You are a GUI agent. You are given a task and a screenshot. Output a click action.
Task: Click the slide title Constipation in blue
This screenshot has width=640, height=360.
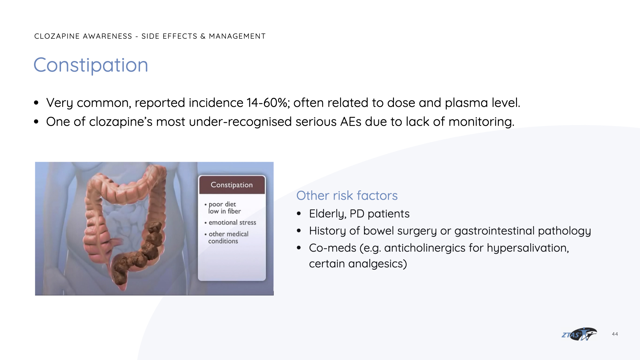click(x=91, y=65)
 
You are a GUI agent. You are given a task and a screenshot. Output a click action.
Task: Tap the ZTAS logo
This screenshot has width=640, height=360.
click(x=579, y=334)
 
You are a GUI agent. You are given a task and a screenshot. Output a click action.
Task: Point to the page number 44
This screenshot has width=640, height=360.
click(x=615, y=334)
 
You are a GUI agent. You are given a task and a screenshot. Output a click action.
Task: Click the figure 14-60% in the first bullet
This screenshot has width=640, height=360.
click(x=268, y=103)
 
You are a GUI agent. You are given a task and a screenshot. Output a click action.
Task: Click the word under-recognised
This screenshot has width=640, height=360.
click(x=240, y=122)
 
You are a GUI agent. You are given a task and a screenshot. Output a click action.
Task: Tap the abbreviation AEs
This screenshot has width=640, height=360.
click(x=351, y=122)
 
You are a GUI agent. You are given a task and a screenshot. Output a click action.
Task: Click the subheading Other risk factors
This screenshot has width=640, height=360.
click(x=347, y=196)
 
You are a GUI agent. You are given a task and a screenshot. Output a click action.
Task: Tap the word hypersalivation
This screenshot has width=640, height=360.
click(x=528, y=248)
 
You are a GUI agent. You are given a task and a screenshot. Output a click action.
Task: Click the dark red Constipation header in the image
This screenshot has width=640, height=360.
click(x=232, y=185)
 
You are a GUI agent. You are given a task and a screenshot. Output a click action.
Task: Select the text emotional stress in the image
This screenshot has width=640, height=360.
click(x=232, y=222)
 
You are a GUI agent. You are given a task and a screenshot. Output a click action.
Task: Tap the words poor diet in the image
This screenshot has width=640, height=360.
click(x=222, y=204)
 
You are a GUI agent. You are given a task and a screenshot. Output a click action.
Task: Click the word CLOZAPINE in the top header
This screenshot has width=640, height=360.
click(x=57, y=36)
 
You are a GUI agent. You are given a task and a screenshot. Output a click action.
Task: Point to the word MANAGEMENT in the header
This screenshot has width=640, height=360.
click(x=237, y=36)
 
